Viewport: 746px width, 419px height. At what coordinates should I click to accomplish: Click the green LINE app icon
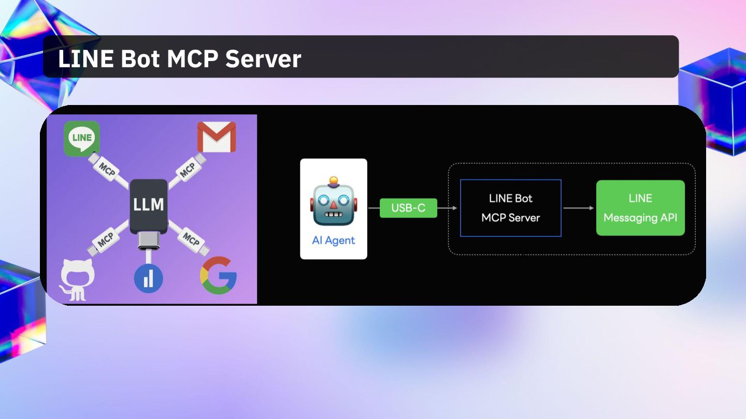tap(82, 138)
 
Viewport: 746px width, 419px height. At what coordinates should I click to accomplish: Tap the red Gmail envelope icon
tap(217, 137)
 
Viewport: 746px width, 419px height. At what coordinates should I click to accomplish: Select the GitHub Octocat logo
tap(77, 280)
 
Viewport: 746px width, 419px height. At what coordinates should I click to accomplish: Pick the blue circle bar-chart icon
tap(148, 278)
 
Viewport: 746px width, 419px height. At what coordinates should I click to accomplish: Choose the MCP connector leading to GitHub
tap(106, 239)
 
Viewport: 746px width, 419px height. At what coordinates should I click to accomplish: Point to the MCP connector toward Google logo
tap(191, 239)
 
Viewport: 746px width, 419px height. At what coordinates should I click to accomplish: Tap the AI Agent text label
tap(334, 241)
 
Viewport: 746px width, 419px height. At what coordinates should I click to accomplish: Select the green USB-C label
tap(408, 208)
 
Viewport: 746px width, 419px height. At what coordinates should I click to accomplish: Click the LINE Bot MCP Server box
tap(510, 208)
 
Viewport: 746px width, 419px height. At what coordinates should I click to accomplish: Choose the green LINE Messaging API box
tap(640, 208)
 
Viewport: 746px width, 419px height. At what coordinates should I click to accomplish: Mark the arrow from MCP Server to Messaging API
tap(578, 208)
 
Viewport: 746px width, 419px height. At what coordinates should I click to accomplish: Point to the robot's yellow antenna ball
tap(333, 181)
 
